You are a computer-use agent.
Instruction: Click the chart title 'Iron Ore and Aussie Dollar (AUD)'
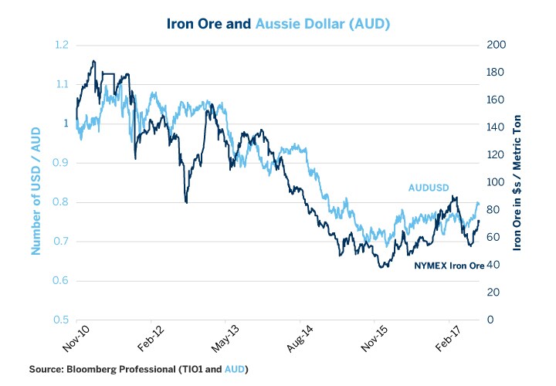(x=278, y=24)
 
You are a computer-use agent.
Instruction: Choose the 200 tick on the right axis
(x=497, y=45)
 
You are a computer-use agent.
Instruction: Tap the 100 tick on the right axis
(x=497, y=182)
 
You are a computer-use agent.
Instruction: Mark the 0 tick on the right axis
(x=491, y=320)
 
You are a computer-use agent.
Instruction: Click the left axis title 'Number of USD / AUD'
(x=36, y=182)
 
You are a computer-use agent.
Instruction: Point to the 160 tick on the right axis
(x=497, y=100)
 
